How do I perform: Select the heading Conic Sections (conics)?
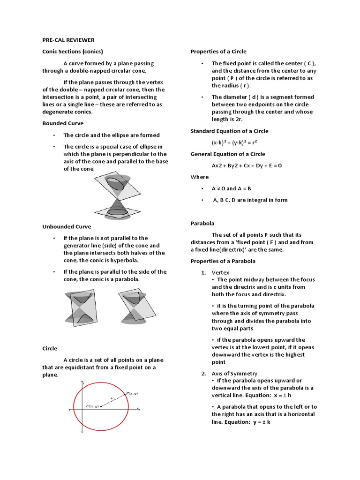point(73,52)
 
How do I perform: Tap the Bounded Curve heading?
point(63,123)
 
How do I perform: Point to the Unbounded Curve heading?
point(67,226)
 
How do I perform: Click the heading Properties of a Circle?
point(218,52)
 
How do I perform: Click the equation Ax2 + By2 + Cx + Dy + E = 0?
point(247,165)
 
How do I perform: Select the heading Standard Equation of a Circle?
point(229,131)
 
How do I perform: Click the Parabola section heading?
point(202,224)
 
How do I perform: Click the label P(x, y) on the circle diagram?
point(132,394)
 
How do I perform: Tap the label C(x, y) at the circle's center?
point(92,406)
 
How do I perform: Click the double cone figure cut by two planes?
point(116,195)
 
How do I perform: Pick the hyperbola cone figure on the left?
point(82,307)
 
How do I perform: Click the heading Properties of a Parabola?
point(223,261)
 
